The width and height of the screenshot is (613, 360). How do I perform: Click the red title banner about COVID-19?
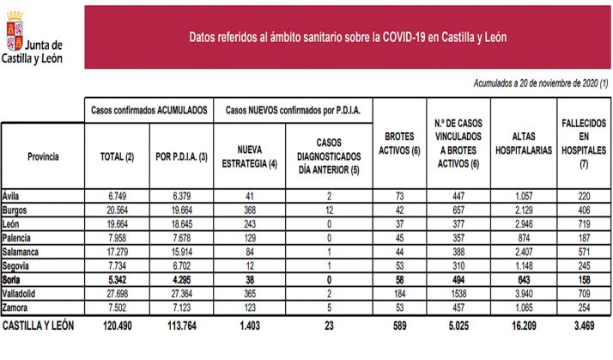tap(347, 37)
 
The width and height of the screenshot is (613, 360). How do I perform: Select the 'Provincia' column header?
tap(43, 156)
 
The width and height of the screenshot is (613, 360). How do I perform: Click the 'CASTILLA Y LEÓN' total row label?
tap(39, 327)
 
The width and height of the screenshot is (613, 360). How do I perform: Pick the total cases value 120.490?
tap(117, 327)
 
